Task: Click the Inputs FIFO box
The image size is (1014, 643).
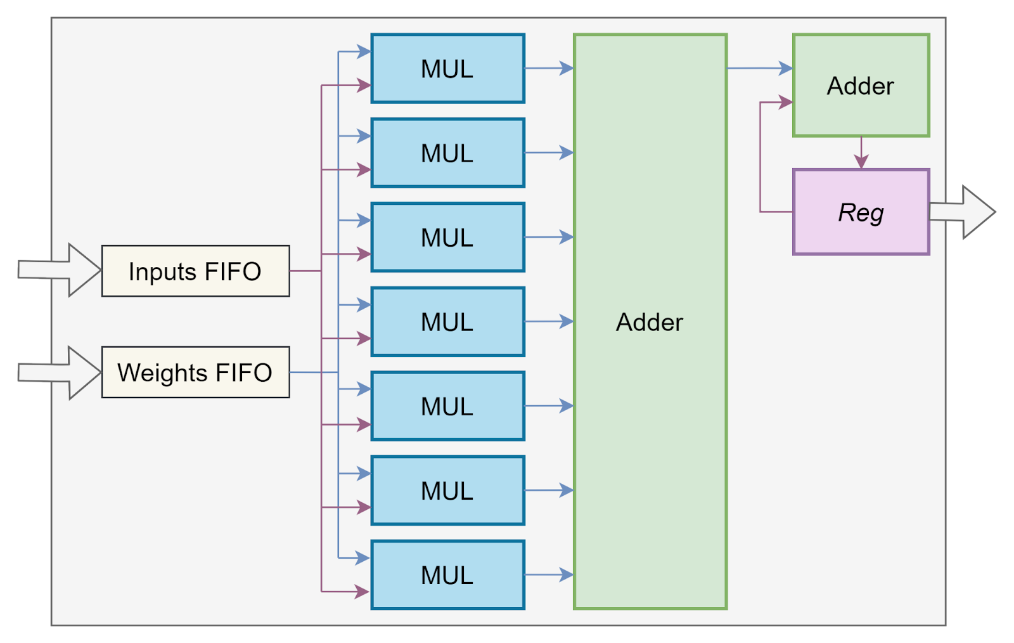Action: click(x=195, y=271)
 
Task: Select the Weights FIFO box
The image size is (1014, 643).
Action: click(x=195, y=372)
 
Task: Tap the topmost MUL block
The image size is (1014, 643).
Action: click(x=447, y=68)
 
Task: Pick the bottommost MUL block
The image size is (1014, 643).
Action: click(x=447, y=575)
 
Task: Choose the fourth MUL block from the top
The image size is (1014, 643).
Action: click(x=447, y=322)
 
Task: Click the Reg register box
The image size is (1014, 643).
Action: click(x=861, y=212)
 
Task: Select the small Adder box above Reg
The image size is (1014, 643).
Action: click(x=861, y=86)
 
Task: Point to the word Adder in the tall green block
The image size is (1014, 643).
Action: click(x=650, y=322)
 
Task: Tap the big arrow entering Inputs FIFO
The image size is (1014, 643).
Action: click(x=60, y=270)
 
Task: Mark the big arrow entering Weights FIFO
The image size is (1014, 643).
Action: click(x=60, y=372)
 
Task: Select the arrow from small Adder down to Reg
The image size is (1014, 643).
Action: click(x=861, y=153)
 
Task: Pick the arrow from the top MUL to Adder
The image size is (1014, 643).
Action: click(x=549, y=68)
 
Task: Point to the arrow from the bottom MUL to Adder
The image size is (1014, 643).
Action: click(x=549, y=575)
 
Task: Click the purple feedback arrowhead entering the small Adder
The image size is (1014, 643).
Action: click(x=786, y=102)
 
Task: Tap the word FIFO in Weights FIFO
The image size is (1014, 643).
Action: click(x=243, y=372)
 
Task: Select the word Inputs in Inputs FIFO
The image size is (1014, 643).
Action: click(x=162, y=271)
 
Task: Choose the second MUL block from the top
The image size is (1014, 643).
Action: click(x=447, y=153)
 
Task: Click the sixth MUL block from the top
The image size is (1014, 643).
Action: click(x=447, y=491)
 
